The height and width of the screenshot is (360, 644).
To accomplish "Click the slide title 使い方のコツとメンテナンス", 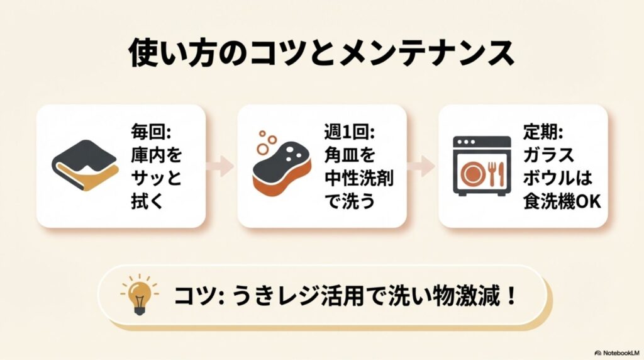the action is pyautogui.click(x=321, y=53).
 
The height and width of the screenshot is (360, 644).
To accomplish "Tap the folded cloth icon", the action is pyautogui.click(x=85, y=166).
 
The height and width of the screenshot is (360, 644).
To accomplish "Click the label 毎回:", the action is pyautogui.click(x=151, y=132).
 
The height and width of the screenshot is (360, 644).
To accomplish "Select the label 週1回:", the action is pyautogui.click(x=350, y=132).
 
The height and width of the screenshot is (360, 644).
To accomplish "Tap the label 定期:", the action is pyautogui.click(x=543, y=132).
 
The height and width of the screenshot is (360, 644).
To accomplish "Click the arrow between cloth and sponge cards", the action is pyautogui.click(x=221, y=166).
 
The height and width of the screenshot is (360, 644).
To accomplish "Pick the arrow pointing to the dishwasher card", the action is pyautogui.click(x=422, y=166).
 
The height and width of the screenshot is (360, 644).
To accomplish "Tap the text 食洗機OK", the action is pyautogui.click(x=562, y=202).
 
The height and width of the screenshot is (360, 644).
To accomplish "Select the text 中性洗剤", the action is pyautogui.click(x=358, y=178).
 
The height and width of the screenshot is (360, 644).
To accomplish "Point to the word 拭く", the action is pyautogui.click(x=147, y=202).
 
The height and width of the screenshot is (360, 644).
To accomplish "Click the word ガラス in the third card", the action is pyautogui.click(x=548, y=155).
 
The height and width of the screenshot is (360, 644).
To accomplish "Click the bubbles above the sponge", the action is pyautogui.click(x=267, y=142).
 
